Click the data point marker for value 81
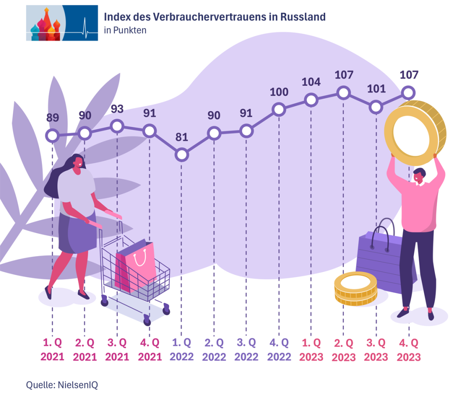pyautogui.click(x=182, y=155)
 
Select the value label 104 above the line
pyautogui.click(x=311, y=82)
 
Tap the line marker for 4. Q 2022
pyautogui.click(x=279, y=109)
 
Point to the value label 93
pyautogui.click(x=117, y=109)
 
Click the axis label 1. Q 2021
pyautogui.click(x=53, y=350)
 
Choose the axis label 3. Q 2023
pyautogui.click(x=376, y=350)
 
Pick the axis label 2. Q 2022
pyautogui.click(x=214, y=350)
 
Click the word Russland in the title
pyautogui.click(x=303, y=17)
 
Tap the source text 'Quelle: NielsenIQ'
pyautogui.click(x=62, y=384)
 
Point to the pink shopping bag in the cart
pyautogui.click(x=136, y=266)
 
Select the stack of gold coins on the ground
pyautogui.click(x=356, y=290)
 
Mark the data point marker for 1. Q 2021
pyautogui.click(x=53, y=135)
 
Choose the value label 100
pyautogui.click(x=279, y=92)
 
